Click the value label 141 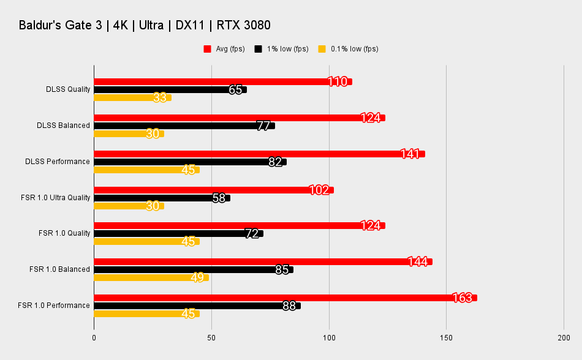[410, 154]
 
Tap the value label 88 [290, 306]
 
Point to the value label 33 [160, 97]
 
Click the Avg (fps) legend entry [224, 49]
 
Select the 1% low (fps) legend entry [282, 49]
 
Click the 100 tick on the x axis [329, 337]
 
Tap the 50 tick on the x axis [211, 337]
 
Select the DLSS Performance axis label [58, 162]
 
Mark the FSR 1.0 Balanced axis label [59, 269]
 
